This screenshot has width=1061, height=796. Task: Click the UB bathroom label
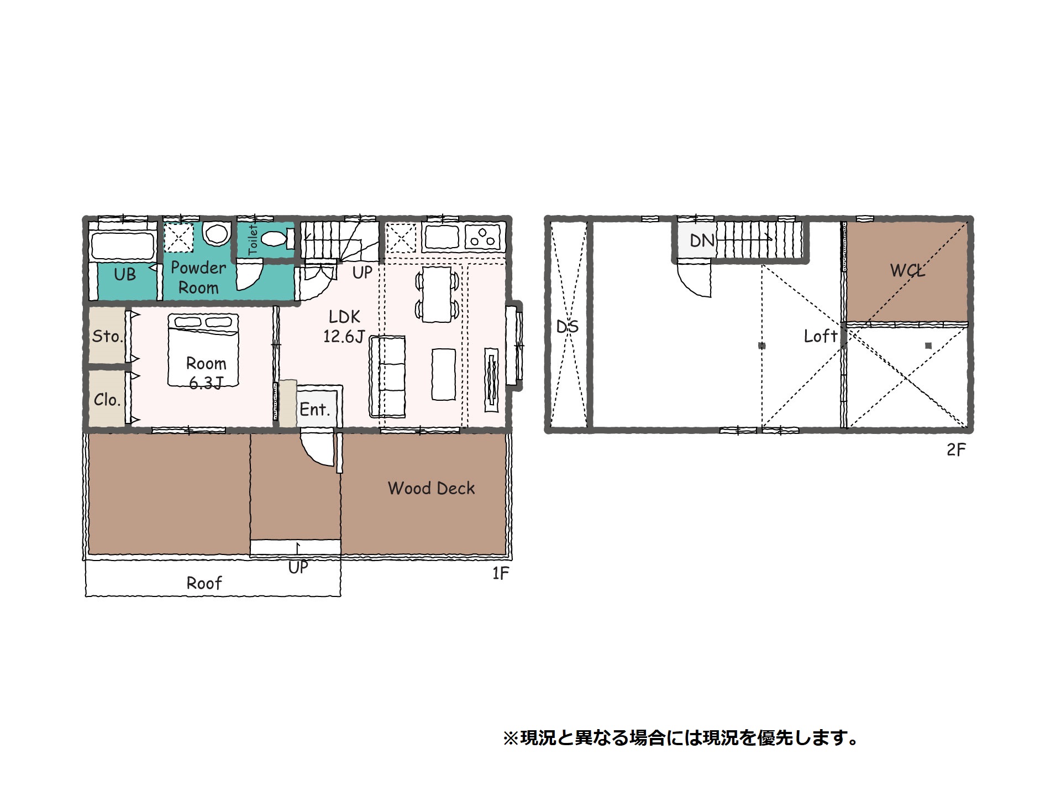pyautogui.click(x=125, y=274)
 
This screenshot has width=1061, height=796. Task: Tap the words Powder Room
pyautogui.click(x=198, y=278)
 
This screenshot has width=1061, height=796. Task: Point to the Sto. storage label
pyautogui.click(x=107, y=336)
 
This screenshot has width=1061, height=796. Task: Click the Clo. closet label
pyautogui.click(x=107, y=400)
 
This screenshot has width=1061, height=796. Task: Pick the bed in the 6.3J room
pyautogui.click(x=203, y=349)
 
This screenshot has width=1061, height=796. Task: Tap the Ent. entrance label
pyautogui.click(x=315, y=410)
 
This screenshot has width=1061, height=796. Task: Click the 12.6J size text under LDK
pyautogui.click(x=344, y=336)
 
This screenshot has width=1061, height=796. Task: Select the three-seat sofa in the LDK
pyautogui.click(x=387, y=376)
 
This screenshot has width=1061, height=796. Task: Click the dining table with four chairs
pyautogui.click(x=437, y=294)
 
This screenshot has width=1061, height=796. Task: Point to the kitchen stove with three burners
pyautogui.click(x=483, y=237)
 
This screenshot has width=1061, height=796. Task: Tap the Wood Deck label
pyautogui.click(x=432, y=488)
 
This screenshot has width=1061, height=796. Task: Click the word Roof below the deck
pyautogui.click(x=204, y=583)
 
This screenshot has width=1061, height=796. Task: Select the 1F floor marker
pyautogui.click(x=501, y=574)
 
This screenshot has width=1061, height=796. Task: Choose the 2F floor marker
pyautogui.click(x=956, y=450)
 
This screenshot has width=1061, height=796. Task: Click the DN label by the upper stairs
pyautogui.click(x=702, y=240)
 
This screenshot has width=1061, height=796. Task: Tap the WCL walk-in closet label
pyautogui.click(x=907, y=270)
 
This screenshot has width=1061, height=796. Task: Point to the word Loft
pyautogui.click(x=821, y=336)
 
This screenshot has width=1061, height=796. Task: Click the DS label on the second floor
pyautogui.click(x=568, y=327)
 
